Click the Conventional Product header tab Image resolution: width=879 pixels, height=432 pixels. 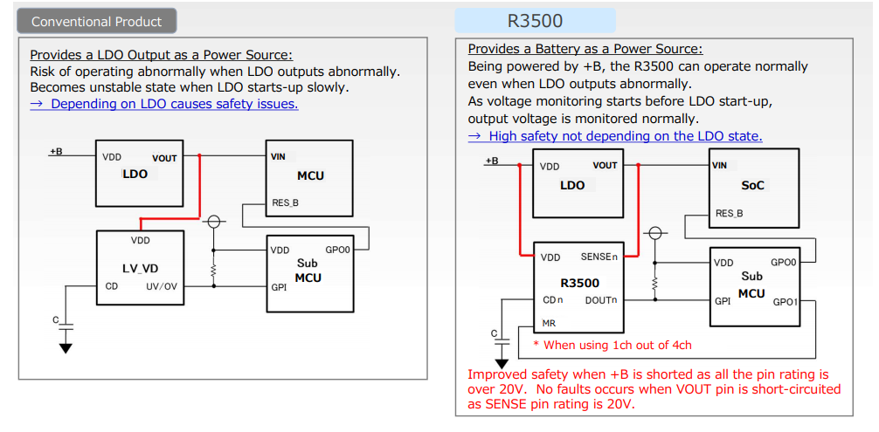click(97, 21)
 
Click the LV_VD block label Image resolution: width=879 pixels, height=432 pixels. click(140, 268)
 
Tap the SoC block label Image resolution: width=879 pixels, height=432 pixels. click(752, 186)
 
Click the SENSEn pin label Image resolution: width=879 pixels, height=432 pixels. click(599, 257)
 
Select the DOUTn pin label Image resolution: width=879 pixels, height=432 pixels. click(601, 300)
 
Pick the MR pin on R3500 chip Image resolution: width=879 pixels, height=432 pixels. click(549, 323)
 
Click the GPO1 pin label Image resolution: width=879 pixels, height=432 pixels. click(785, 302)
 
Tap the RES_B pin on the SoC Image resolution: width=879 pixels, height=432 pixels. click(729, 213)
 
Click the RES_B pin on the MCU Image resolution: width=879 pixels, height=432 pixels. click(285, 203)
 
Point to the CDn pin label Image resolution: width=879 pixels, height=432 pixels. click(552, 300)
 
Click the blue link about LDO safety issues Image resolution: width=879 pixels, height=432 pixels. click(164, 104)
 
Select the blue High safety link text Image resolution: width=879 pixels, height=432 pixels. click(615, 136)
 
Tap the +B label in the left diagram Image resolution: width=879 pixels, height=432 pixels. click(55, 152)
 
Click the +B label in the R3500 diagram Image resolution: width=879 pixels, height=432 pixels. click(491, 161)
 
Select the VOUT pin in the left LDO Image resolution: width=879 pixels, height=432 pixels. click(164, 159)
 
